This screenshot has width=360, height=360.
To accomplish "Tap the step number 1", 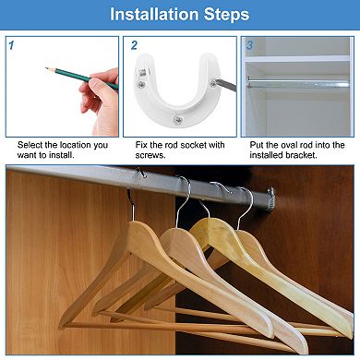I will [10, 44].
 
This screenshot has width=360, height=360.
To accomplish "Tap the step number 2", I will [135, 44].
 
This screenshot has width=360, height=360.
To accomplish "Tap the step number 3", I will [249, 44].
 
